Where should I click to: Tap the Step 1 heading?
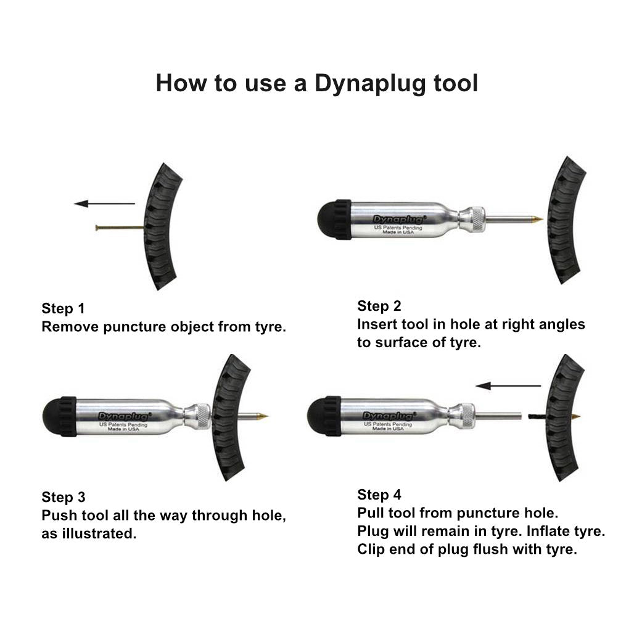pos(63,308)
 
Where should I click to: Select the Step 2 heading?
pos(379,306)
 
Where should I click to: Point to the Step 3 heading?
pos(64,497)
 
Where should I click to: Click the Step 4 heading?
pos(379,495)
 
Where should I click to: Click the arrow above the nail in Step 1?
pos(104,204)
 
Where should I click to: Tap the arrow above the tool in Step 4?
pos(508,385)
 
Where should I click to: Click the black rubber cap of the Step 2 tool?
pos(334,219)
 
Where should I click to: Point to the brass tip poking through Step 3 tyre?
pos(262,416)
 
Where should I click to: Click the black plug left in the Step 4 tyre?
pos(537,416)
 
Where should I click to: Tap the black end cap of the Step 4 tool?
pos(324,416)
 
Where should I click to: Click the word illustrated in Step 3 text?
pos(99,533)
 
